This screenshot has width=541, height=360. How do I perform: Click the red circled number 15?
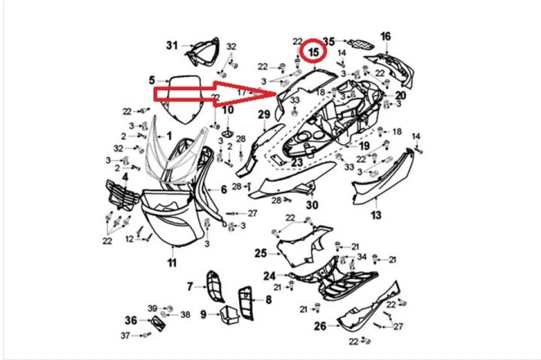click(x=314, y=52)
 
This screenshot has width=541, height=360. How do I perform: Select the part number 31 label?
click(x=172, y=45)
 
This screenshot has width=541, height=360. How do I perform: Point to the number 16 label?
click(x=385, y=36)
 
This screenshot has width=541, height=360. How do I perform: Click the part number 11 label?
click(x=172, y=263)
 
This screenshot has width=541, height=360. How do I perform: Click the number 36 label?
click(x=131, y=320)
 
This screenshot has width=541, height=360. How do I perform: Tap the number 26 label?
click(x=320, y=325)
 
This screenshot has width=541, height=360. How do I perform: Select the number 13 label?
click(x=376, y=215)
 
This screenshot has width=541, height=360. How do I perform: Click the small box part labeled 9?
click(x=229, y=314)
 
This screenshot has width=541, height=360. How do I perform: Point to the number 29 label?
click(x=264, y=115)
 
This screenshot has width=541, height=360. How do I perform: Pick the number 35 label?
click(x=329, y=42)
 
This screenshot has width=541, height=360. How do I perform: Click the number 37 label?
click(x=125, y=335)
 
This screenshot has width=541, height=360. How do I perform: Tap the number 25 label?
click(x=261, y=253)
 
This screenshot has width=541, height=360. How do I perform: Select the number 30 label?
click(x=312, y=205)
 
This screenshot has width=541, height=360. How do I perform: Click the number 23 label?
click(x=297, y=162)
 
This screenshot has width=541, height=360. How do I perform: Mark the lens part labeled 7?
click(x=214, y=286)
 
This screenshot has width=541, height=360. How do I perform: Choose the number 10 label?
click(x=228, y=110)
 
